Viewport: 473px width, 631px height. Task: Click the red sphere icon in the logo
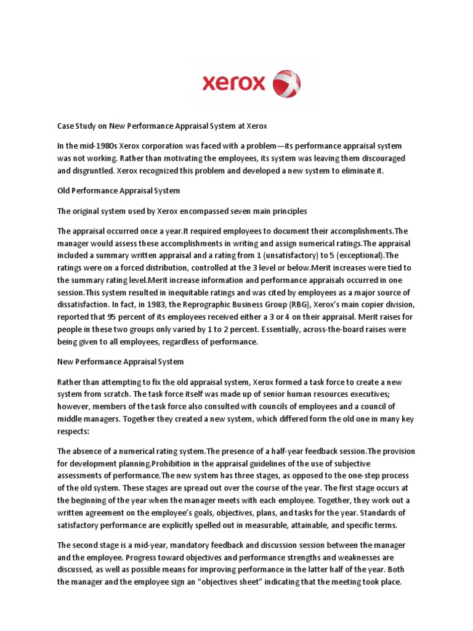click(286, 84)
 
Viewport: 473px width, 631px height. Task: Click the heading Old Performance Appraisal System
click(118, 191)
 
